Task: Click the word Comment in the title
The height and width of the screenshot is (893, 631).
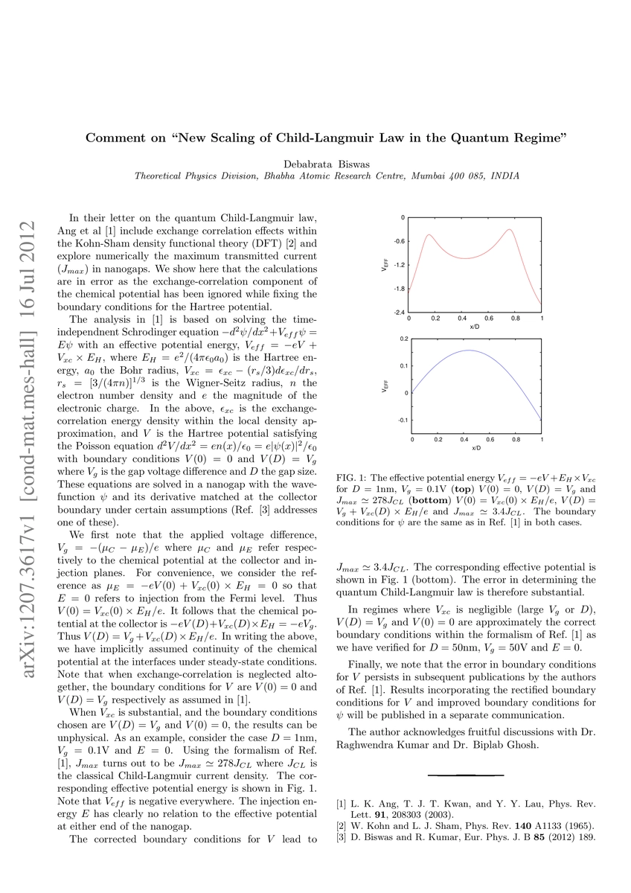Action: pyautogui.click(x=113, y=138)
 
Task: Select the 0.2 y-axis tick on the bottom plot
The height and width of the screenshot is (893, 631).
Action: pyautogui.click(x=405, y=338)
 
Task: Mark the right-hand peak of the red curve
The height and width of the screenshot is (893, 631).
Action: pyautogui.click(x=510, y=229)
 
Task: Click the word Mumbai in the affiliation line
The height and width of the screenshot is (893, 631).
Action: pyautogui.click(x=424, y=176)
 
